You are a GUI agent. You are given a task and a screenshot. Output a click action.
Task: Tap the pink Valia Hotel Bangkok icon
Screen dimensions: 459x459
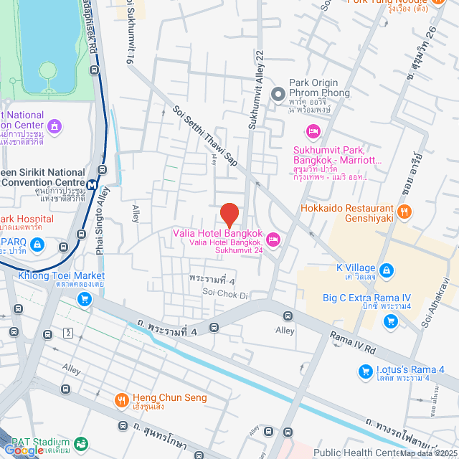[x=273, y=238]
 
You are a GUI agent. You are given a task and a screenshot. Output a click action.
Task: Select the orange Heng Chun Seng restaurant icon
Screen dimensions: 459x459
[x=121, y=398]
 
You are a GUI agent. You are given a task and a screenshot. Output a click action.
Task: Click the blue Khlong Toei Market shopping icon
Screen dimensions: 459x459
[x=85, y=298]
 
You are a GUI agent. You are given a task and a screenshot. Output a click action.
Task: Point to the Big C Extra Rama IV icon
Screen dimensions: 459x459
[x=391, y=320]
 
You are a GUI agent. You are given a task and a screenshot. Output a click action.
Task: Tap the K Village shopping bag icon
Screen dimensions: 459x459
[x=387, y=270]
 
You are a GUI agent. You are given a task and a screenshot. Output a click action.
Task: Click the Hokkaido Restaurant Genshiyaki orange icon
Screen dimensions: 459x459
[x=404, y=211]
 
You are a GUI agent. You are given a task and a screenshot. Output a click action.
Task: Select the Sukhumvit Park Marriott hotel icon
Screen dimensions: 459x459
[x=312, y=131]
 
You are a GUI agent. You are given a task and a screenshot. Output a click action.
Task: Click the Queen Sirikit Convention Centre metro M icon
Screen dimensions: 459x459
[x=92, y=185]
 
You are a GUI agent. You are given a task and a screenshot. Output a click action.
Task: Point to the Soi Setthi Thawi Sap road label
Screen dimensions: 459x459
[x=206, y=143]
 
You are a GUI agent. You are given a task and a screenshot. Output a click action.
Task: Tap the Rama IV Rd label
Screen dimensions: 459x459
[x=354, y=342]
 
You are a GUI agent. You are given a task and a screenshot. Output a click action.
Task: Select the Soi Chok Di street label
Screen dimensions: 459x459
[x=224, y=294]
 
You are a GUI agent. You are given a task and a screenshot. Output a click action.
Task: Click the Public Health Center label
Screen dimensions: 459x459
[x=355, y=452]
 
